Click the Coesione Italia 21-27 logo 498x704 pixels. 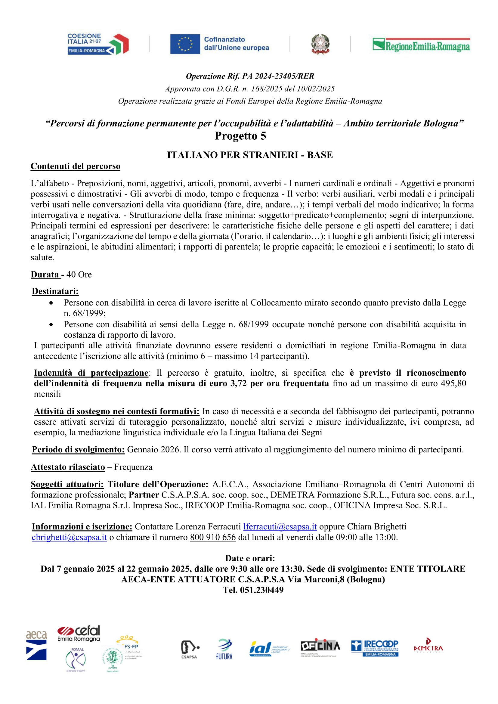pyautogui.click(x=98, y=44)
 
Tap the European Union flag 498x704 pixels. pyautogui.click(x=185, y=44)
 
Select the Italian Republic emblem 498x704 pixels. pyautogui.click(x=320, y=44)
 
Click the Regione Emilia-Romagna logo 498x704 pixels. pyautogui.click(x=421, y=45)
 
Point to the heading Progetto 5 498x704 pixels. pyautogui.click(x=240, y=136)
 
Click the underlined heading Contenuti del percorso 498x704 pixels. pyautogui.click(x=76, y=166)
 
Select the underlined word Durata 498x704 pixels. pyautogui.click(x=45, y=274)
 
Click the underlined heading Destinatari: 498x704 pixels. pyautogui.click(x=55, y=291)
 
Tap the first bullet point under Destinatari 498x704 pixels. pyautogui.click(x=51, y=303)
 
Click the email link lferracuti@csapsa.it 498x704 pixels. pyautogui.click(x=280, y=526)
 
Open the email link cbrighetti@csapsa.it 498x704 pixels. pyautogui.click(x=69, y=537)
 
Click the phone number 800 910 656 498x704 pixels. pyautogui.click(x=213, y=537)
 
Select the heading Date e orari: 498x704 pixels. pyautogui.click(x=250, y=558)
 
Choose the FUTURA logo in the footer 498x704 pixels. pyautogui.click(x=224, y=649)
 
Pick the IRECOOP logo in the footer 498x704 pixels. pyautogui.click(x=374, y=648)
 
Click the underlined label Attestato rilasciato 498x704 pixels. pyautogui.click(x=68, y=467)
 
